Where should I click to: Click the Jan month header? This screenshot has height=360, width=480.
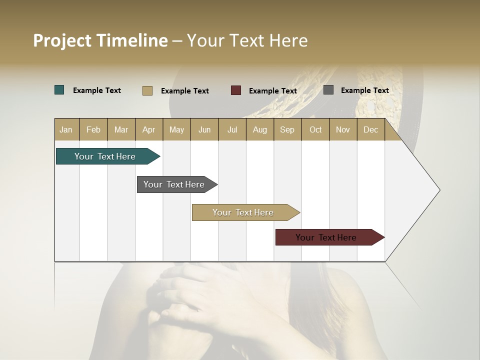[66, 129]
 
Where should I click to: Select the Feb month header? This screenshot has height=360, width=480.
[93, 129]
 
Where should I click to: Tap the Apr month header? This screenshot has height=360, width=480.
[148, 129]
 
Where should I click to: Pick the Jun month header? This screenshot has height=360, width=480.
[204, 129]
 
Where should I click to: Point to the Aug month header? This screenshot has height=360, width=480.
[259, 129]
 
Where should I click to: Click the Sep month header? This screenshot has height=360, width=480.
[287, 129]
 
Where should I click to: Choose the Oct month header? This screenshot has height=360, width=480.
[315, 129]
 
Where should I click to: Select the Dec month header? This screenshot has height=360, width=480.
[370, 129]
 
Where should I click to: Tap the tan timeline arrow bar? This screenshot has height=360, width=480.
[243, 212]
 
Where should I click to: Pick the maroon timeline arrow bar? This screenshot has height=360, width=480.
[327, 237]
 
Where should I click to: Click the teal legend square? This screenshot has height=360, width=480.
[59, 90]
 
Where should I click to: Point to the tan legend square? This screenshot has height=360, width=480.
[147, 90]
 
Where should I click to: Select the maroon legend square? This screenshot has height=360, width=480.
[236, 90]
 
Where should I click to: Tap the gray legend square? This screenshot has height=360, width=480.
[328, 90]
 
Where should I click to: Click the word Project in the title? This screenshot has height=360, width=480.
[62, 40]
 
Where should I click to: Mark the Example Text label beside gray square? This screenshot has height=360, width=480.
[364, 90]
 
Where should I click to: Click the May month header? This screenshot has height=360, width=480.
[176, 129]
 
